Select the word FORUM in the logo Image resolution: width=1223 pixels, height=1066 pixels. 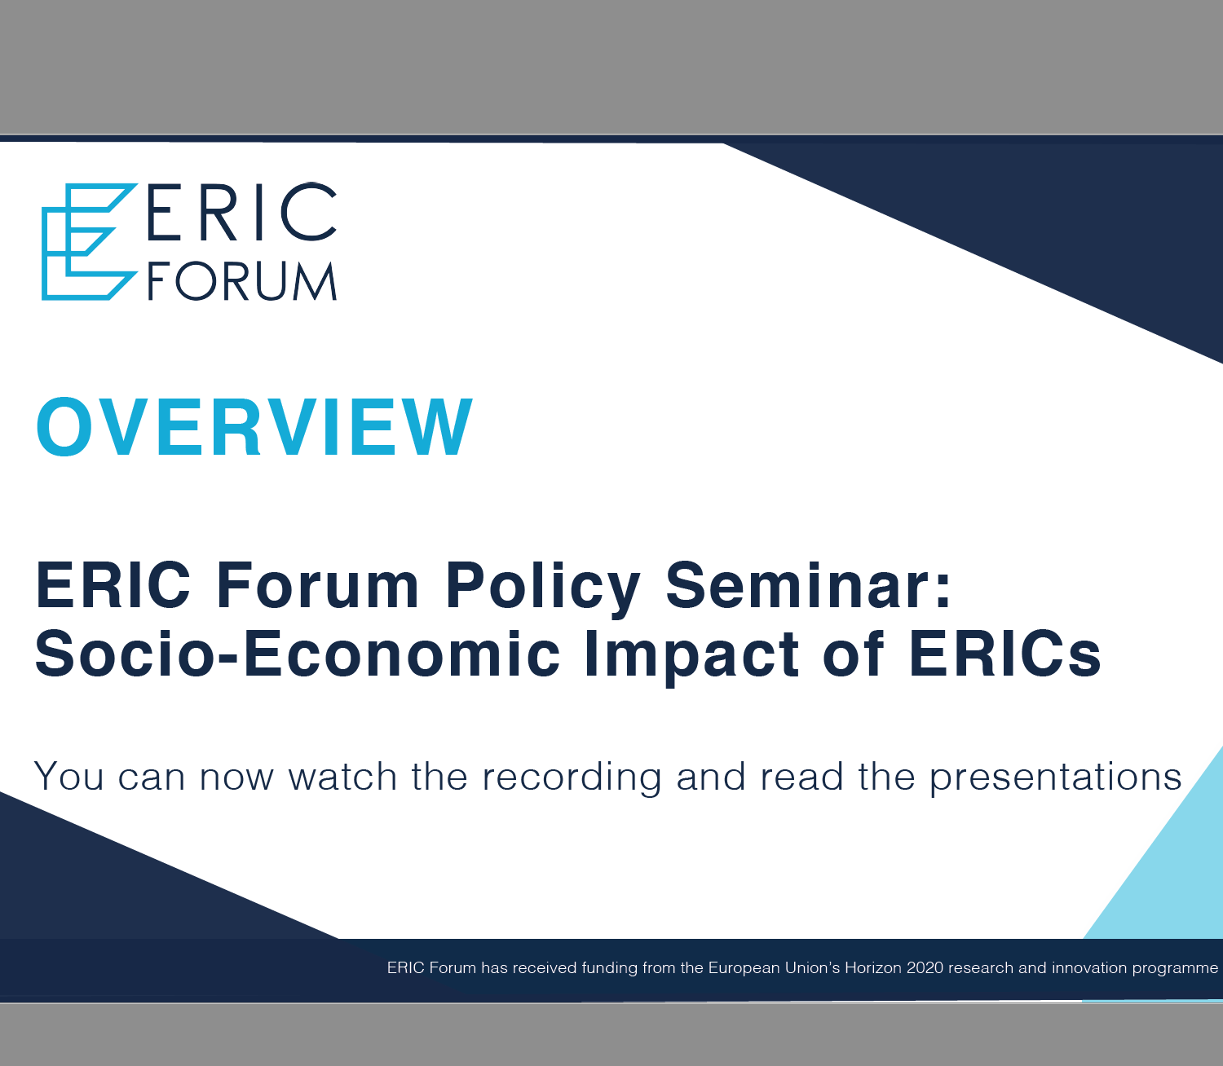[x=242, y=281]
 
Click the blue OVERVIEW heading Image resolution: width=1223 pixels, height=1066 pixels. [x=254, y=426]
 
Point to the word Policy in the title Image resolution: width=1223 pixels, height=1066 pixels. [x=543, y=588]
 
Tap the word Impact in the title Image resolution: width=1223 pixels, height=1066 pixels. [x=691, y=658]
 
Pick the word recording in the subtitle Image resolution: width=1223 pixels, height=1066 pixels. [x=572, y=778]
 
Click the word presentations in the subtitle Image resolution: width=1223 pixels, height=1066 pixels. [x=1056, y=778]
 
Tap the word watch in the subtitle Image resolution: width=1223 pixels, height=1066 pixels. [x=343, y=776]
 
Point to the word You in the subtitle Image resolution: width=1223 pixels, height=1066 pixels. [x=69, y=776]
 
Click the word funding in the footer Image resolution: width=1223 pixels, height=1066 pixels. [x=610, y=968]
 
